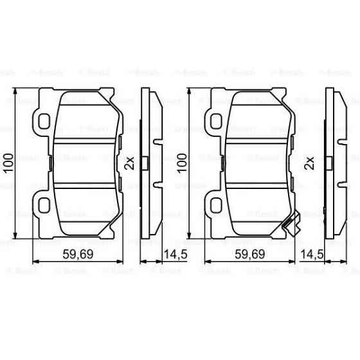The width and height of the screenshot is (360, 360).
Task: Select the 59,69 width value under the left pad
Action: coord(76,254)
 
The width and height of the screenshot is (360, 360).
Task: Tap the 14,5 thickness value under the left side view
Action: coord(174,254)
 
